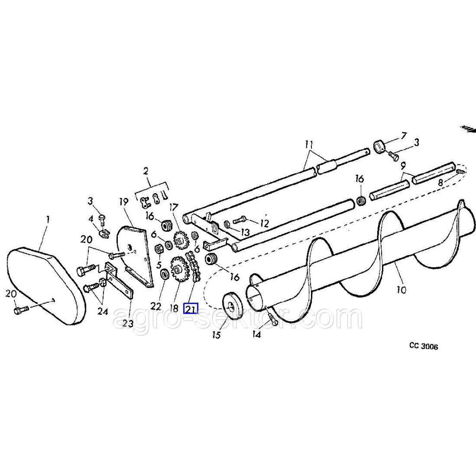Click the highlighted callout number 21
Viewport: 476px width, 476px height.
click(x=190, y=308)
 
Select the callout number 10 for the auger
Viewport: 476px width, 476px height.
click(x=401, y=290)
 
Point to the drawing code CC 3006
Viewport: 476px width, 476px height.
click(x=424, y=347)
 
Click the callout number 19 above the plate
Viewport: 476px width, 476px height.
click(x=124, y=202)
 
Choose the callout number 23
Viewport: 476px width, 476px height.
click(x=127, y=323)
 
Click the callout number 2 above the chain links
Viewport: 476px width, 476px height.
click(x=146, y=171)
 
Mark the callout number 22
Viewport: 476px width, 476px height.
click(x=155, y=306)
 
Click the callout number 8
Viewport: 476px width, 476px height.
click(x=440, y=183)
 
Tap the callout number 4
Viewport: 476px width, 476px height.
click(x=90, y=218)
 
